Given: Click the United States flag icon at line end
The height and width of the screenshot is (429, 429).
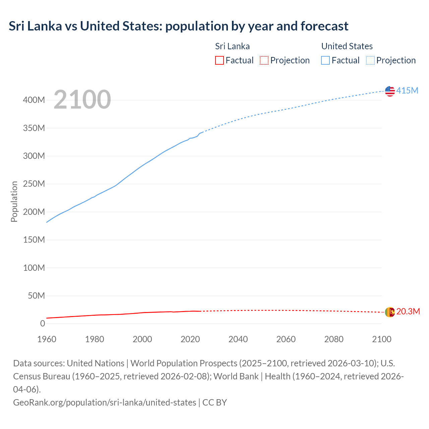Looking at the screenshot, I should (390, 91).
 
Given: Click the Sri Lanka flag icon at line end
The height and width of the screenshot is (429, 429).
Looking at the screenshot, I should (390, 312).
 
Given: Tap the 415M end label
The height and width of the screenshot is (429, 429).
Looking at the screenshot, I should (407, 90).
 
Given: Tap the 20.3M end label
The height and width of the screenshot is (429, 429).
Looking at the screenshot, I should (408, 311).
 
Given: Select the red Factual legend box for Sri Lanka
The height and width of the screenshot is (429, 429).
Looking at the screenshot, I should (219, 60).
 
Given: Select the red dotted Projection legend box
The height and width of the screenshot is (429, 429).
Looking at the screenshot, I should (264, 60).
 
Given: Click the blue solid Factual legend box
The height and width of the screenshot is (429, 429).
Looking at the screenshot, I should (325, 60).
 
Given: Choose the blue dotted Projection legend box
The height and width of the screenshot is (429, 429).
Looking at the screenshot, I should (370, 60).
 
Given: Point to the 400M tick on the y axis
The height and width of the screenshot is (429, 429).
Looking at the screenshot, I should (34, 100).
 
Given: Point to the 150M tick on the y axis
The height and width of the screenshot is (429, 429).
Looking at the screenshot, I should (34, 240).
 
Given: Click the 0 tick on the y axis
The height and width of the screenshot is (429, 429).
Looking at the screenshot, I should (43, 324).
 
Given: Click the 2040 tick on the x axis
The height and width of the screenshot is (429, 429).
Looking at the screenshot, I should (238, 339).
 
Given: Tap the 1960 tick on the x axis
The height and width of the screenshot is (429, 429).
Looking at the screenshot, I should (47, 339).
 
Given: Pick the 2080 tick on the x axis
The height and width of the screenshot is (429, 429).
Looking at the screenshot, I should (334, 339).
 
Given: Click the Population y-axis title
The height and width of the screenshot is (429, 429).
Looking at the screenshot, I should (14, 201).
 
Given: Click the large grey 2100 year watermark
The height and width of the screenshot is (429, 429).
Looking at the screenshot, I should (82, 100).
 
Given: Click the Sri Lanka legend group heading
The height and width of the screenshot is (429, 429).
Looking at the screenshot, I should (232, 46).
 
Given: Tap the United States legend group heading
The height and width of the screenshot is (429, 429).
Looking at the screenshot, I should (347, 46).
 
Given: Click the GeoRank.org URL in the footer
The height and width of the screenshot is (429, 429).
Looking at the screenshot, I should (105, 402).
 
